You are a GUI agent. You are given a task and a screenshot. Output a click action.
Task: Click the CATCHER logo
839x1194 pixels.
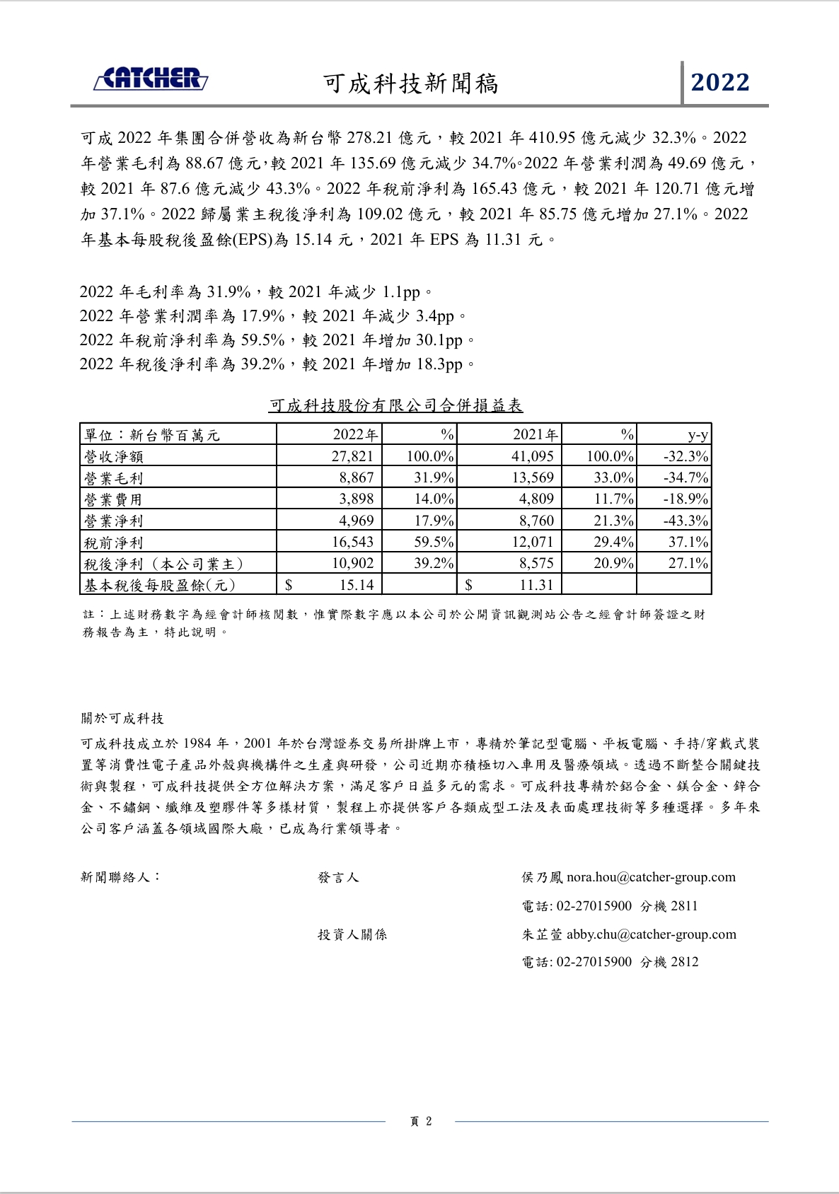click(151, 79)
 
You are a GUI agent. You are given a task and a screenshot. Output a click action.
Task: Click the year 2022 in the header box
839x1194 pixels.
click(720, 83)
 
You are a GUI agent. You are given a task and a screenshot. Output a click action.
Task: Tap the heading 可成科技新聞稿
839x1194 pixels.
click(411, 84)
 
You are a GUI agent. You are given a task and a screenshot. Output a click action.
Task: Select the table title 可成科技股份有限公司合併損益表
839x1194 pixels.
click(395, 405)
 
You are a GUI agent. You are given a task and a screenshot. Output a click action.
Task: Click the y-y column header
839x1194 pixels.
click(698, 435)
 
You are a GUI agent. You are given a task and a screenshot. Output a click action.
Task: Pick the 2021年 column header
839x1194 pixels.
click(535, 435)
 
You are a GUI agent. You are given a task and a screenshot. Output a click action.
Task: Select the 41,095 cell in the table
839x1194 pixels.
click(533, 456)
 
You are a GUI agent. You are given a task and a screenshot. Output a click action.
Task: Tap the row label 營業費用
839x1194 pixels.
click(113, 499)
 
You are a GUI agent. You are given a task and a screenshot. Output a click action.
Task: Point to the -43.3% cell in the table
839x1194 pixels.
click(685, 521)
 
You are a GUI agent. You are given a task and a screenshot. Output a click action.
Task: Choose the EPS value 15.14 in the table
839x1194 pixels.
click(357, 585)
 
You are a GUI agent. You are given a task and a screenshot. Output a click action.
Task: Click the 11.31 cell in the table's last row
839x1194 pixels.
click(536, 585)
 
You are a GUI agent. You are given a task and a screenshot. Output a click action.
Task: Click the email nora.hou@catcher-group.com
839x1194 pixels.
click(651, 877)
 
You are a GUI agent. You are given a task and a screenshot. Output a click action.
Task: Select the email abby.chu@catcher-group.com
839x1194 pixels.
click(651, 934)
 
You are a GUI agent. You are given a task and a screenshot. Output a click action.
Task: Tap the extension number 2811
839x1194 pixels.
click(684, 906)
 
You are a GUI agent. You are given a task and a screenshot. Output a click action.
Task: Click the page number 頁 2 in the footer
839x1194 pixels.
click(421, 1121)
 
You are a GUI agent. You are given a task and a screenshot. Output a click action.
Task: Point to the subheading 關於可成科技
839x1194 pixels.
click(122, 719)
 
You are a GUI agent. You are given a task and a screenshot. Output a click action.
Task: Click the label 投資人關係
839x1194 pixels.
click(352, 934)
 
